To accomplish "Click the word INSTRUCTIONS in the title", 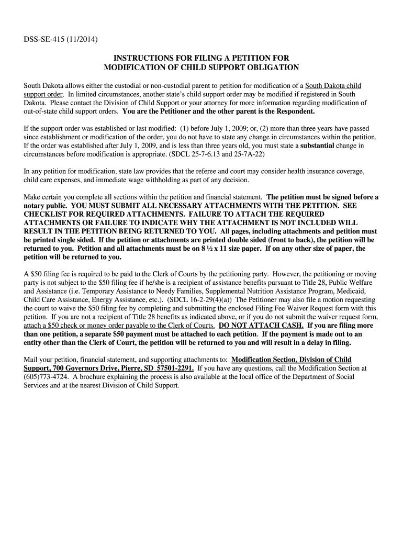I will coord(147,58).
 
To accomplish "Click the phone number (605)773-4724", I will coord(47,376).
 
